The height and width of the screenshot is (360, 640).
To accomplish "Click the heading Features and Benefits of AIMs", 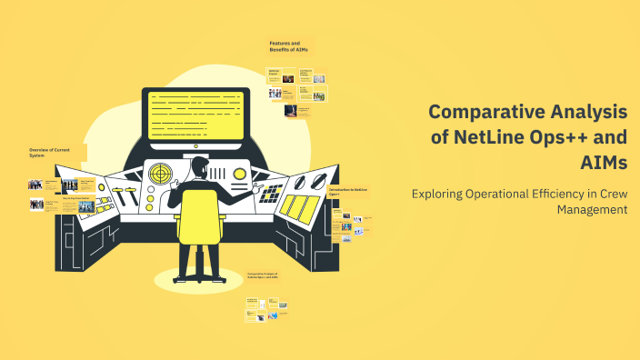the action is (x=287, y=45).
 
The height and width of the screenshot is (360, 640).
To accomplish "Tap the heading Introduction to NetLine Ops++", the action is (x=348, y=191).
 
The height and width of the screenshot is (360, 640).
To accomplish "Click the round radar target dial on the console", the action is (x=160, y=173).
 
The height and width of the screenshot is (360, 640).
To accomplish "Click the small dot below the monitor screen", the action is (x=195, y=146).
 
